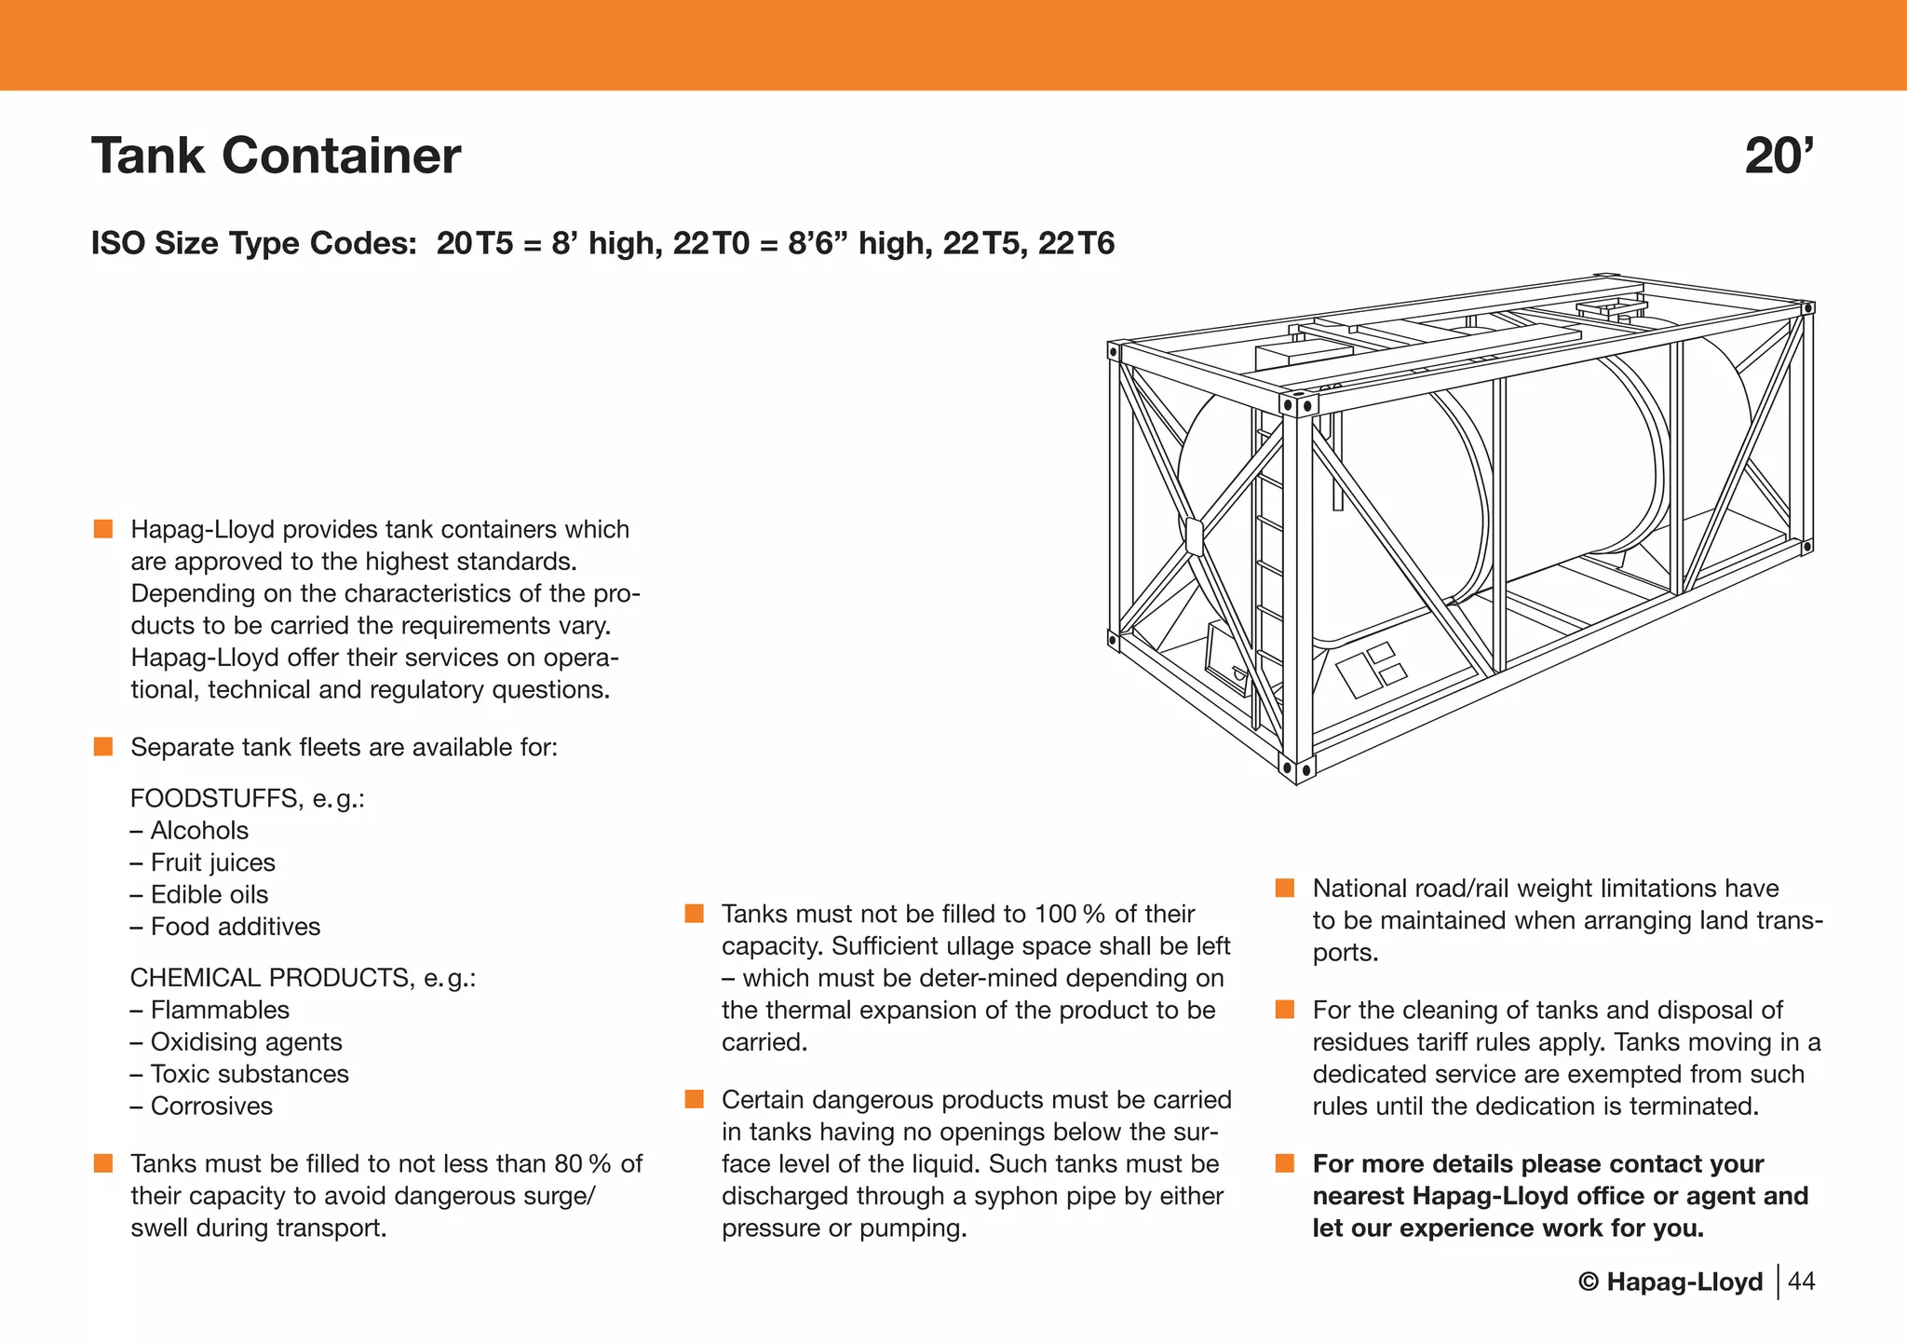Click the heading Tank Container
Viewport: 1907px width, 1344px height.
coord(276,156)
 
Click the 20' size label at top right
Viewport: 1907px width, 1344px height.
coord(1779,156)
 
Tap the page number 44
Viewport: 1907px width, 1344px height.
coord(1802,1282)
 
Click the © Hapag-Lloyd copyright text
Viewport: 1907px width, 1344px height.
coord(1670,1283)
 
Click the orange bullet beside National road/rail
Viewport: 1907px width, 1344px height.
coord(1285,889)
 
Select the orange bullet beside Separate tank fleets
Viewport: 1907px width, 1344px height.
coord(103,747)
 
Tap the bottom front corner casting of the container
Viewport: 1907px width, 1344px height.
coord(1297,769)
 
